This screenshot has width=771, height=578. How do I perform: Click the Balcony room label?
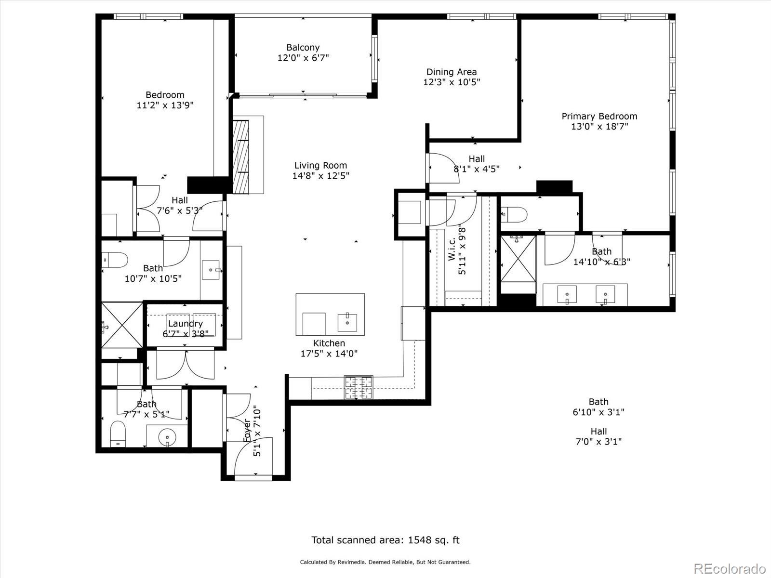303,48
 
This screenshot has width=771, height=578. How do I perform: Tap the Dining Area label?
452,72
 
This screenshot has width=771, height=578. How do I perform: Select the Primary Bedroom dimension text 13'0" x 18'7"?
599,127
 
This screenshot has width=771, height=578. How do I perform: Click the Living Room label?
320,165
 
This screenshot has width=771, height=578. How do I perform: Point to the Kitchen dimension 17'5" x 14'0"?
329,354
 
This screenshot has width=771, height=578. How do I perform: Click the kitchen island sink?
347,322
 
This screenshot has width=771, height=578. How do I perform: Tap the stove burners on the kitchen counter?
358,387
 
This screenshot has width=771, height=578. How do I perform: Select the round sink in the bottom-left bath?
167,437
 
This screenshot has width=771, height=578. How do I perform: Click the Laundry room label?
185,324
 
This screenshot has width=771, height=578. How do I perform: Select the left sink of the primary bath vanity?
567,294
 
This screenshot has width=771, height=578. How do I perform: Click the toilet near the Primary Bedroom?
514,214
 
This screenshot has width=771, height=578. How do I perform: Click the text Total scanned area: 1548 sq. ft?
385,540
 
